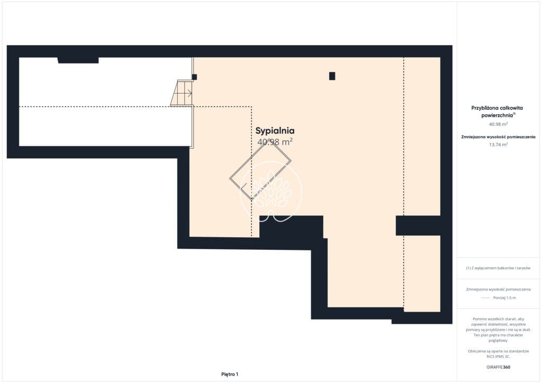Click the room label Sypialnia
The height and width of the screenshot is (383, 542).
coord(275,131)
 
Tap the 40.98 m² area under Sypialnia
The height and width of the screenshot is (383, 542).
coord(275,142)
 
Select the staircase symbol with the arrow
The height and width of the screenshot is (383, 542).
coord(182,93)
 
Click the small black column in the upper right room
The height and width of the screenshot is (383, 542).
coord(332,76)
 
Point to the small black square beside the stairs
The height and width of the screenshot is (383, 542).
coord(194,77)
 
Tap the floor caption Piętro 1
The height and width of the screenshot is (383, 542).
coord(230,375)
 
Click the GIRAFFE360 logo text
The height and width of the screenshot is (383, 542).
coord(498,367)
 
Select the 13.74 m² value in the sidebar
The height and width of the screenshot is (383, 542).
coord(498,145)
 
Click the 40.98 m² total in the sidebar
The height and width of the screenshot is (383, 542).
coord(498,124)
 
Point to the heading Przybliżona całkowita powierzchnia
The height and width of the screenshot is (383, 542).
coord(498,112)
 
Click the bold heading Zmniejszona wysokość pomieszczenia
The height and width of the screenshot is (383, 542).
coord(498,137)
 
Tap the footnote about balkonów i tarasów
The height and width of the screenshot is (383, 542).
coord(498,268)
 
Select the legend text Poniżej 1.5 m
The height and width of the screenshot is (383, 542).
coord(504,298)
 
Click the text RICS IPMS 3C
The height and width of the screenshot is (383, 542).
coord(498,357)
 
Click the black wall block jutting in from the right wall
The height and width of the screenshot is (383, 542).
coord(418,225)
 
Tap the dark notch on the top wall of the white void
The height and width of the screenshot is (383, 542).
coord(78,60)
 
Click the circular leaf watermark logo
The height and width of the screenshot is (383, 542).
coord(271,192)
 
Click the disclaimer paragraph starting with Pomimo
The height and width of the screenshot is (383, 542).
coord(498,330)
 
